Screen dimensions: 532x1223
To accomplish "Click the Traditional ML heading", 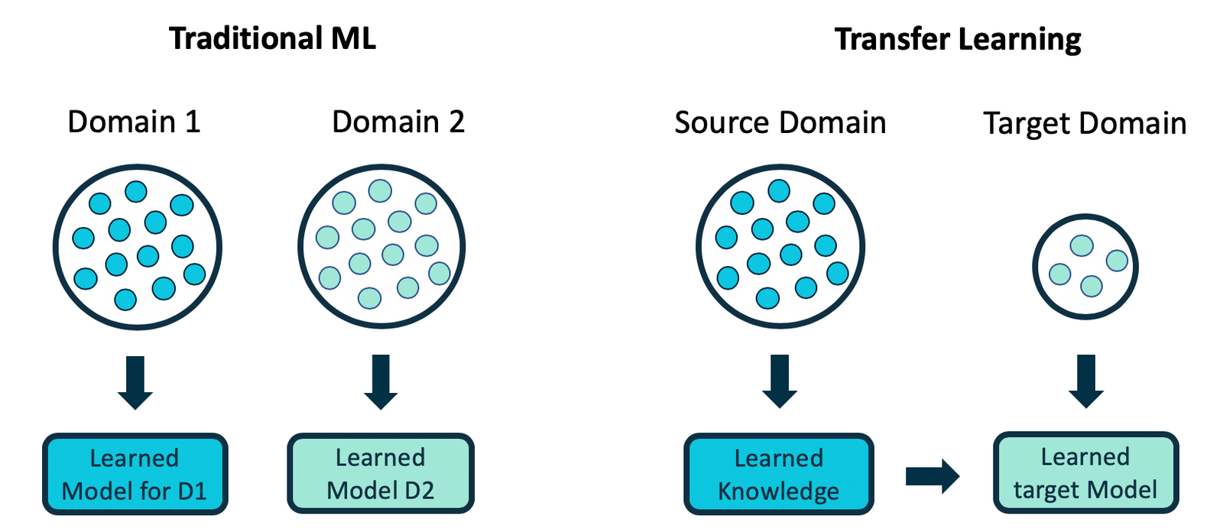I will click(x=272, y=38).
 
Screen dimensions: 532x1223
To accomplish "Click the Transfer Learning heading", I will click(x=958, y=39).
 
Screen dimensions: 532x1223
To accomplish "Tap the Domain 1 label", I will click(x=134, y=122).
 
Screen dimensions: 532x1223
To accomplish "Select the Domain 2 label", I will click(x=397, y=122).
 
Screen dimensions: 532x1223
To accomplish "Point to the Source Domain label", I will click(x=780, y=122).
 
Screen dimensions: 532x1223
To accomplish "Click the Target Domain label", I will click(x=1085, y=123).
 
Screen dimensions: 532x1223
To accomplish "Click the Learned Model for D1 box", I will click(x=135, y=474).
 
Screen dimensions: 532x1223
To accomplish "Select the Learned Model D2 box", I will click(x=381, y=474).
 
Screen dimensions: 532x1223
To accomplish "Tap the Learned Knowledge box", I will click(x=779, y=474).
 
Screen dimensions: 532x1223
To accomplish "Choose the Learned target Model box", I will click(x=1085, y=473).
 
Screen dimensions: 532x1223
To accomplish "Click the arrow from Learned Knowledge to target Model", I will click(x=932, y=476).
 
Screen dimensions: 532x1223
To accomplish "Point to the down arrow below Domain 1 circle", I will click(x=135, y=381).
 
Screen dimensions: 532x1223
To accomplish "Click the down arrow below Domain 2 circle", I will click(x=381, y=381).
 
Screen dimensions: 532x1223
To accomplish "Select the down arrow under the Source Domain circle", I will click(x=780, y=381).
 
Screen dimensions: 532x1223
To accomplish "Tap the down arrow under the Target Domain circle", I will click(x=1085, y=381).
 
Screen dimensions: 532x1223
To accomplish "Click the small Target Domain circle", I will click(x=1085, y=266).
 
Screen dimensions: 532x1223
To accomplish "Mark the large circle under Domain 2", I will click(x=381, y=246).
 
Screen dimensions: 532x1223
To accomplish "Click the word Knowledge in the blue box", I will click(x=778, y=491).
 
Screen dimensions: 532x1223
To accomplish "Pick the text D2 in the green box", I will click(x=419, y=490).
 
